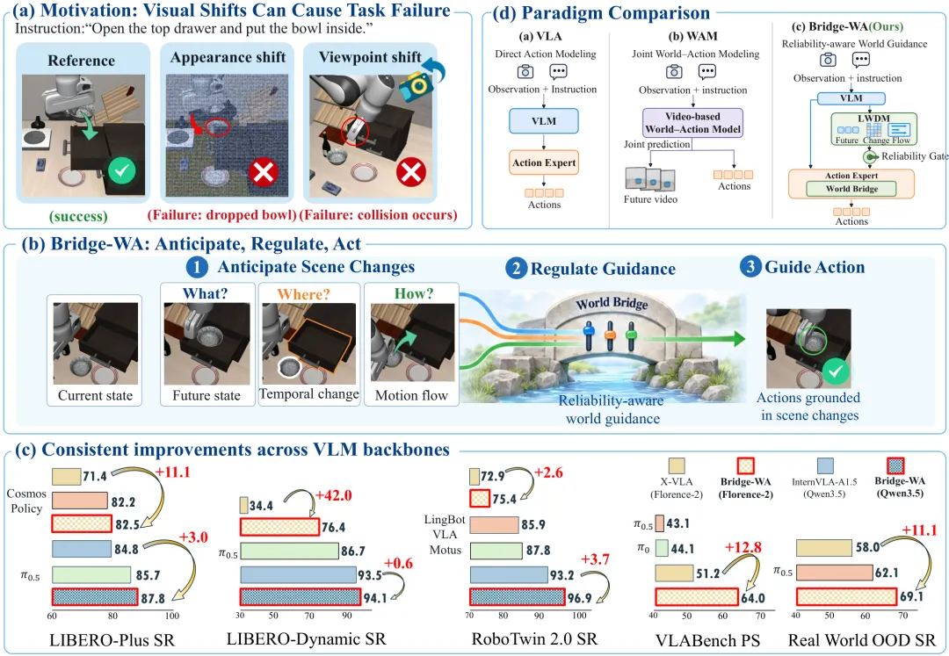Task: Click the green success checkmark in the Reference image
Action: [x=121, y=171]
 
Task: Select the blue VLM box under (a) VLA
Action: [x=544, y=121]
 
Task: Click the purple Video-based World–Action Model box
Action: [x=692, y=123]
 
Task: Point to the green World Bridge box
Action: [x=851, y=189]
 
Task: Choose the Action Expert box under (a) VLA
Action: [x=544, y=162]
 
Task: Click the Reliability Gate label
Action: [x=915, y=156]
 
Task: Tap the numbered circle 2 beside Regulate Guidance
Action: [x=516, y=268]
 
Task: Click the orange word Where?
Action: [x=303, y=294]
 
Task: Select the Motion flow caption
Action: [x=411, y=395]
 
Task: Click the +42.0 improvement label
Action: [x=333, y=496]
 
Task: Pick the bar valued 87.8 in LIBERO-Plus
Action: [x=95, y=597]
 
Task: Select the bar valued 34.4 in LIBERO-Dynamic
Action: [x=244, y=506]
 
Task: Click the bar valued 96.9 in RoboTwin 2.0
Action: [x=517, y=597]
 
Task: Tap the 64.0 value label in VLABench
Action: [x=753, y=598]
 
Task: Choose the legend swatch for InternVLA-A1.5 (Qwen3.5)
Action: [x=824, y=465]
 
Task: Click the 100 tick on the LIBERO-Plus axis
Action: [x=172, y=616]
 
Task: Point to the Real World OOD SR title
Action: [x=862, y=639]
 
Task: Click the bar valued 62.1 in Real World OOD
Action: [x=834, y=572]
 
